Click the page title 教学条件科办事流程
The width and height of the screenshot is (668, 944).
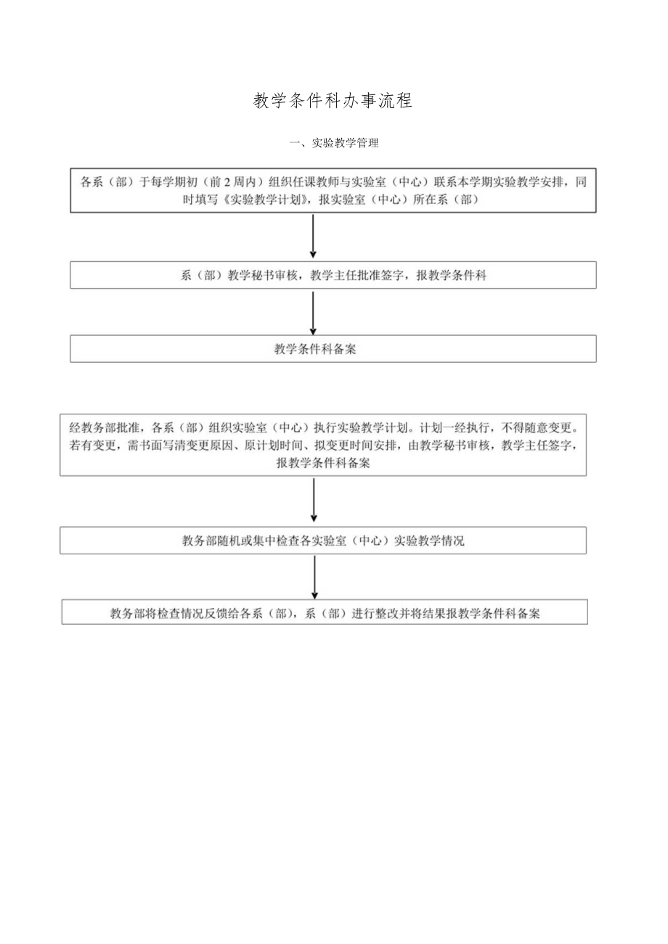[x=333, y=101]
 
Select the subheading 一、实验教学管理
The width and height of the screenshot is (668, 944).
[x=334, y=143]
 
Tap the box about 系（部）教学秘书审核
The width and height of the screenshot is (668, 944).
[x=333, y=276]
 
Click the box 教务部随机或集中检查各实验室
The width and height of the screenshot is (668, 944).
[x=323, y=541]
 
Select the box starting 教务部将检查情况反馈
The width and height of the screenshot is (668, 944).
[x=325, y=612]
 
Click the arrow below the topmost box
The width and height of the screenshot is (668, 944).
[x=313, y=237]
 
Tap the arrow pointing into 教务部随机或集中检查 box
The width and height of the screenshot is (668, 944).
[x=314, y=501]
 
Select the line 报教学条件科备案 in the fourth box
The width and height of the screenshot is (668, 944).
[x=323, y=463]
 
